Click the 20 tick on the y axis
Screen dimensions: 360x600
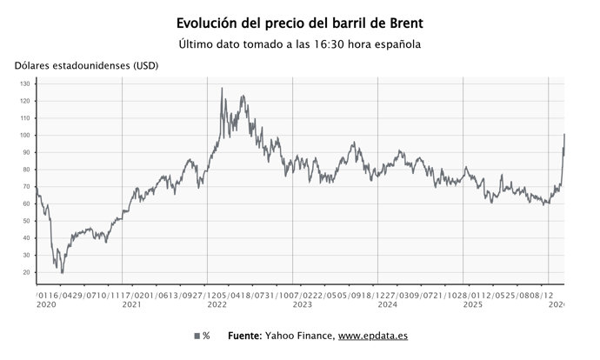pyautogui.click(x=26, y=272)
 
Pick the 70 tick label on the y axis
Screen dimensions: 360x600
pyautogui.click(x=26, y=187)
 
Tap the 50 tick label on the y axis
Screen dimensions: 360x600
pyautogui.click(x=26, y=221)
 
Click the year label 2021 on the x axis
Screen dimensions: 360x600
pyautogui.click(x=132, y=305)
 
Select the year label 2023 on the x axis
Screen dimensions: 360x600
pyautogui.click(x=303, y=305)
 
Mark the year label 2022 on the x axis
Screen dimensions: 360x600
pyautogui.click(x=217, y=305)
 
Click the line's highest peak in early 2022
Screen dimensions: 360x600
pyautogui.click(x=222, y=88)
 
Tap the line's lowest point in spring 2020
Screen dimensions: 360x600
pyautogui.click(x=62, y=272)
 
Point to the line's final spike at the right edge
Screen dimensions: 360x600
pyautogui.click(x=564, y=135)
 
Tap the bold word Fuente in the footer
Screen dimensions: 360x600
pyautogui.click(x=247, y=336)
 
